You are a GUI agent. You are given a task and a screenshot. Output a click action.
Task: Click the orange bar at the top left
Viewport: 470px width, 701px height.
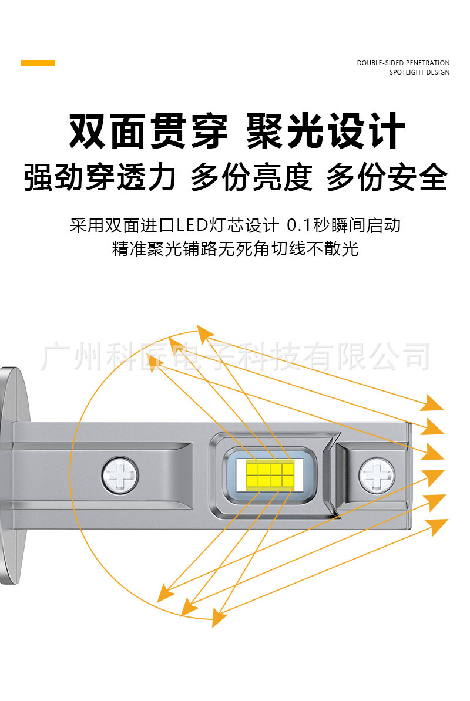click(38, 63)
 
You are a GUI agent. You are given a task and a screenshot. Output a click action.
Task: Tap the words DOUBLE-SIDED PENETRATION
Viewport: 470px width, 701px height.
click(403, 63)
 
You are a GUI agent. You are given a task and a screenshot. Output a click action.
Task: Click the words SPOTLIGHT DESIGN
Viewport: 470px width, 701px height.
click(419, 73)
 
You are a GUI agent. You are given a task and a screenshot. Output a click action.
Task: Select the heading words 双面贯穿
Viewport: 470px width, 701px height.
click(148, 132)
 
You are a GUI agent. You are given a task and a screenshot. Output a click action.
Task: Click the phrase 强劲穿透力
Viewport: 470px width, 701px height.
click(100, 177)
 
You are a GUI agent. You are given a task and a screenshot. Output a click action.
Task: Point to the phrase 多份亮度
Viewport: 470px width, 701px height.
click(251, 177)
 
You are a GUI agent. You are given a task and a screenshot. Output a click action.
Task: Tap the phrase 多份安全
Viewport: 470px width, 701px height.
click(387, 177)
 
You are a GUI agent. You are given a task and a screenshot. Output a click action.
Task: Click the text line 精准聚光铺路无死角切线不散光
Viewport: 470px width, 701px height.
click(235, 249)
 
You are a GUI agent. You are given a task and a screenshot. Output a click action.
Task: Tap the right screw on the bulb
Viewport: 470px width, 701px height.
click(377, 474)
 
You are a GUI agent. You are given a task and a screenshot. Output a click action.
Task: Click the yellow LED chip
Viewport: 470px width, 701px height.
click(270, 474)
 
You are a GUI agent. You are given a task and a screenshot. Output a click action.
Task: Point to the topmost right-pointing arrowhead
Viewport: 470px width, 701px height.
click(434, 403)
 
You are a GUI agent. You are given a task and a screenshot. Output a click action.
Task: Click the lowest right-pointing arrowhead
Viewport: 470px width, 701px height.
click(437, 526)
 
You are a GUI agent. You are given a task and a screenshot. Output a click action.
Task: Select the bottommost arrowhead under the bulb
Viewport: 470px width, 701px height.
click(219, 618)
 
